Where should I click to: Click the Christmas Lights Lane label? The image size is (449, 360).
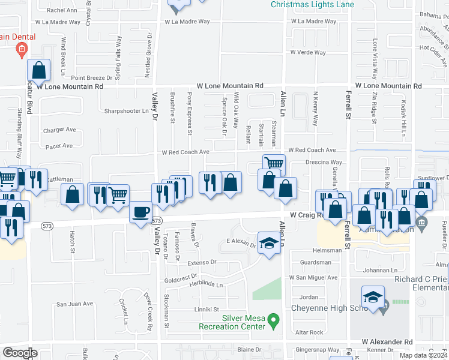pyautogui.click(x=312, y=5)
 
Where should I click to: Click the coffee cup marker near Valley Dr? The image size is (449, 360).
pyautogui.click(x=140, y=212)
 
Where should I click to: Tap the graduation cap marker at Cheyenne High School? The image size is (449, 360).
pyautogui.click(x=372, y=298)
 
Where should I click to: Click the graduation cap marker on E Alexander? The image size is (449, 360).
pyautogui.click(x=269, y=242)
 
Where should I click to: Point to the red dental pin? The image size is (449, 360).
pyautogui.click(x=22, y=50)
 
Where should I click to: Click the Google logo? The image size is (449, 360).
pyautogui.click(x=20, y=353)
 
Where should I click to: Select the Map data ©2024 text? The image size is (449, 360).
pyautogui.click(x=423, y=355)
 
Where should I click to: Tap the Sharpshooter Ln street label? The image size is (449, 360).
pyautogui.click(x=126, y=111)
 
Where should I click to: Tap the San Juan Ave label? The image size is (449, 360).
pyautogui.click(x=75, y=304)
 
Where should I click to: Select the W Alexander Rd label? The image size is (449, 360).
pyautogui.click(x=387, y=341)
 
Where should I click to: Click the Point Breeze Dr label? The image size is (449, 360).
pyautogui.click(x=92, y=78)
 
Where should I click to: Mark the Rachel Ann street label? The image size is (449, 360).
pyautogui.click(x=62, y=10)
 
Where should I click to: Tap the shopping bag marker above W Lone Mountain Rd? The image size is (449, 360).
pyautogui.click(x=38, y=71)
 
